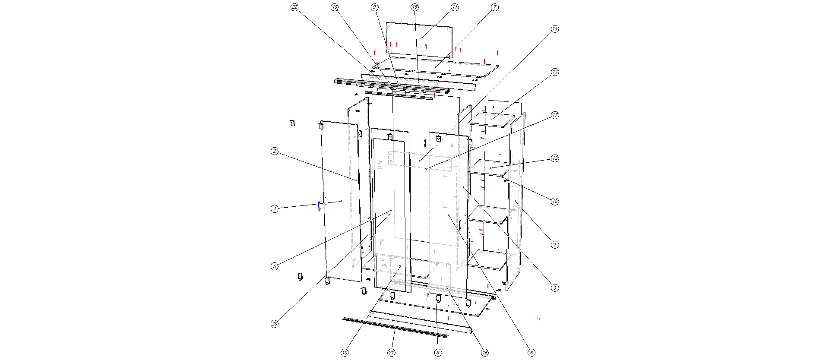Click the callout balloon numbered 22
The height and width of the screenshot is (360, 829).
point(295,7)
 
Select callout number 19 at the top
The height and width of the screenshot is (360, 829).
point(335,7)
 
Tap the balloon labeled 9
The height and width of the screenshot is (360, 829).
point(374,7)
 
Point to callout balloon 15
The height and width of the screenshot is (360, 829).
point(414,7)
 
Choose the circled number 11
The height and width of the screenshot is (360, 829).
point(455,7)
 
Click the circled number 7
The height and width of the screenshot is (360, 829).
point(495,7)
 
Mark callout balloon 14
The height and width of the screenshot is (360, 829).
point(555,29)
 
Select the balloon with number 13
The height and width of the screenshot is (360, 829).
point(555,72)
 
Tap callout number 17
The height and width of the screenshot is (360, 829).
point(555,115)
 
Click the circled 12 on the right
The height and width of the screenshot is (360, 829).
point(555,158)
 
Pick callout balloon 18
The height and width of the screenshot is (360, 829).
point(555,201)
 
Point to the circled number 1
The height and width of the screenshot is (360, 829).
point(555,245)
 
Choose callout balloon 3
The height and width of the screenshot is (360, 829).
point(555,288)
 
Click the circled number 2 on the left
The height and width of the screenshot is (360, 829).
point(275,151)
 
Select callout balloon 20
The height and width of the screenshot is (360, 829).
point(275,324)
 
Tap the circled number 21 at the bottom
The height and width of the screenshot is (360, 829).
point(391,353)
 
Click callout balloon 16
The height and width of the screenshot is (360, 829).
point(485,353)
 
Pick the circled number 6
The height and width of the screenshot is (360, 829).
point(532,353)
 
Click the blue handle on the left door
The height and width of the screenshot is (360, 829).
point(319,206)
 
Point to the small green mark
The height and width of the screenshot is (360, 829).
point(539,319)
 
